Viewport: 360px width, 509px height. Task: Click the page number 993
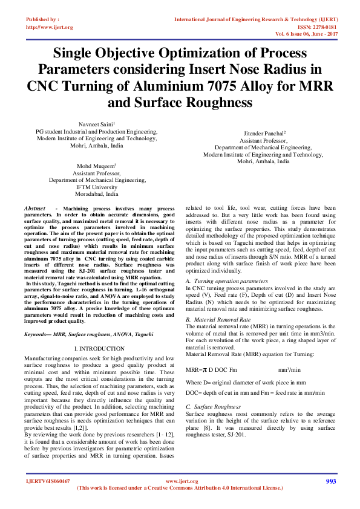(x=330, y=481)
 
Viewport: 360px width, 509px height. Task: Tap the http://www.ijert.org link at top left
(x=48, y=27)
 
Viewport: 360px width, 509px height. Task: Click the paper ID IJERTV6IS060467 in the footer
(x=48, y=481)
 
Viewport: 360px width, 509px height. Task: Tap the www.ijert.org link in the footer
(x=182, y=481)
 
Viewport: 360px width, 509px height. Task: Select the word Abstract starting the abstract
(x=35, y=208)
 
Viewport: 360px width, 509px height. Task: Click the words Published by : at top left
(x=42, y=19)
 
